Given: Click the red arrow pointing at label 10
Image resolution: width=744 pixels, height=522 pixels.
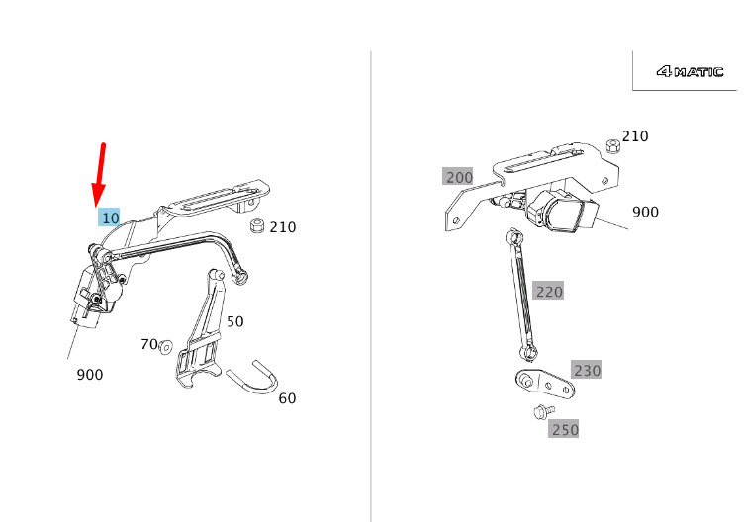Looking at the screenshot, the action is pos(100,174).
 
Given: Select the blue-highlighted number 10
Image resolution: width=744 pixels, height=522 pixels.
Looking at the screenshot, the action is pos(109,217).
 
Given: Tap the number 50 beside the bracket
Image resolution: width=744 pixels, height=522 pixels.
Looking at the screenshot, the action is pos(234,322).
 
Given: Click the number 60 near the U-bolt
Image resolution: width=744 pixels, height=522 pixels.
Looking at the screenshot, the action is pos(287,398).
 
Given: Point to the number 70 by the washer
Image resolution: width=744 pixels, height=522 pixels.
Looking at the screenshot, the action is pos(149,344).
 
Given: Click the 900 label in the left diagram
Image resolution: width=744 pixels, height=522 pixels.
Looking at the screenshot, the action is pos(90,375).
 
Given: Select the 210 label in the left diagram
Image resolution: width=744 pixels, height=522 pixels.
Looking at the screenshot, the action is pos(283,227).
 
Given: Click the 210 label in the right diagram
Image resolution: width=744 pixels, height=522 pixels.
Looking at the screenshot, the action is pos(635,136).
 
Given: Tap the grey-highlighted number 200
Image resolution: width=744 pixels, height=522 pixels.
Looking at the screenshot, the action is pos(458,176).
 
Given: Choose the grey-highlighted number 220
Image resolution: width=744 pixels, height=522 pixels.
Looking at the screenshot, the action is pos(548,291).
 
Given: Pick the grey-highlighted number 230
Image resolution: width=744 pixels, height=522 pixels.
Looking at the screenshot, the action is pos(587,370).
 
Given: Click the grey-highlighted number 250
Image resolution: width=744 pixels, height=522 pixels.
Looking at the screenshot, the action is pos(564,429).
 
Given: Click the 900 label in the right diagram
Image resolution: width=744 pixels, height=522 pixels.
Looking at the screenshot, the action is pos(645,212).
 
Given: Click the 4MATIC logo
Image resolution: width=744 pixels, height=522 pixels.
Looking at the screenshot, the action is pos(690,71).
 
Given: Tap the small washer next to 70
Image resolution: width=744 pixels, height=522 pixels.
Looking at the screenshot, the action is pos(165,347).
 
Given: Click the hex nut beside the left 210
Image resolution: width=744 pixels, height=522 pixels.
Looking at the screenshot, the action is pos(256,226).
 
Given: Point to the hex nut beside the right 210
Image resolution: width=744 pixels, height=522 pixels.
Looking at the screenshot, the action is pos(613,146).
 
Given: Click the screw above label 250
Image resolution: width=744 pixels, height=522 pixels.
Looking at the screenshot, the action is pos(544,411).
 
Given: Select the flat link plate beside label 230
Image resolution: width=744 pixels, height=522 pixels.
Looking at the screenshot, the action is pos(545,384).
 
